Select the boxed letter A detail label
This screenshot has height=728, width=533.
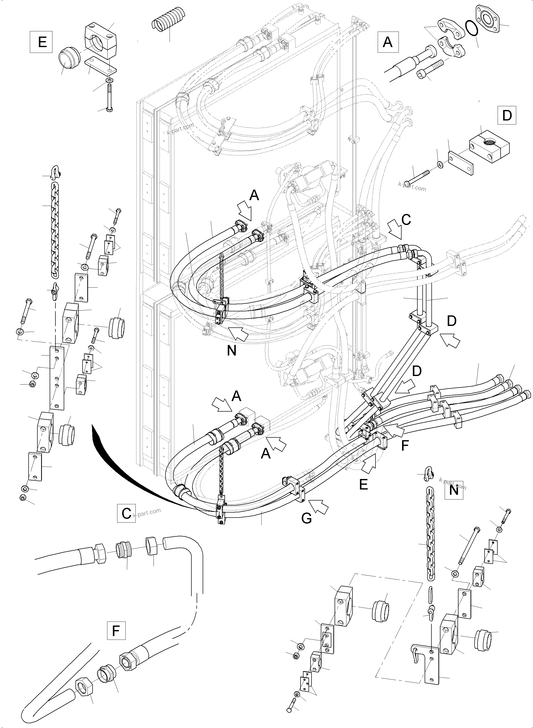click(x=388, y=42)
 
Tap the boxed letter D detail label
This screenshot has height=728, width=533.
click(x=507, y=115)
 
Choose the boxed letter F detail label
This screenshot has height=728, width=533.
click(x=116, y=630)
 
